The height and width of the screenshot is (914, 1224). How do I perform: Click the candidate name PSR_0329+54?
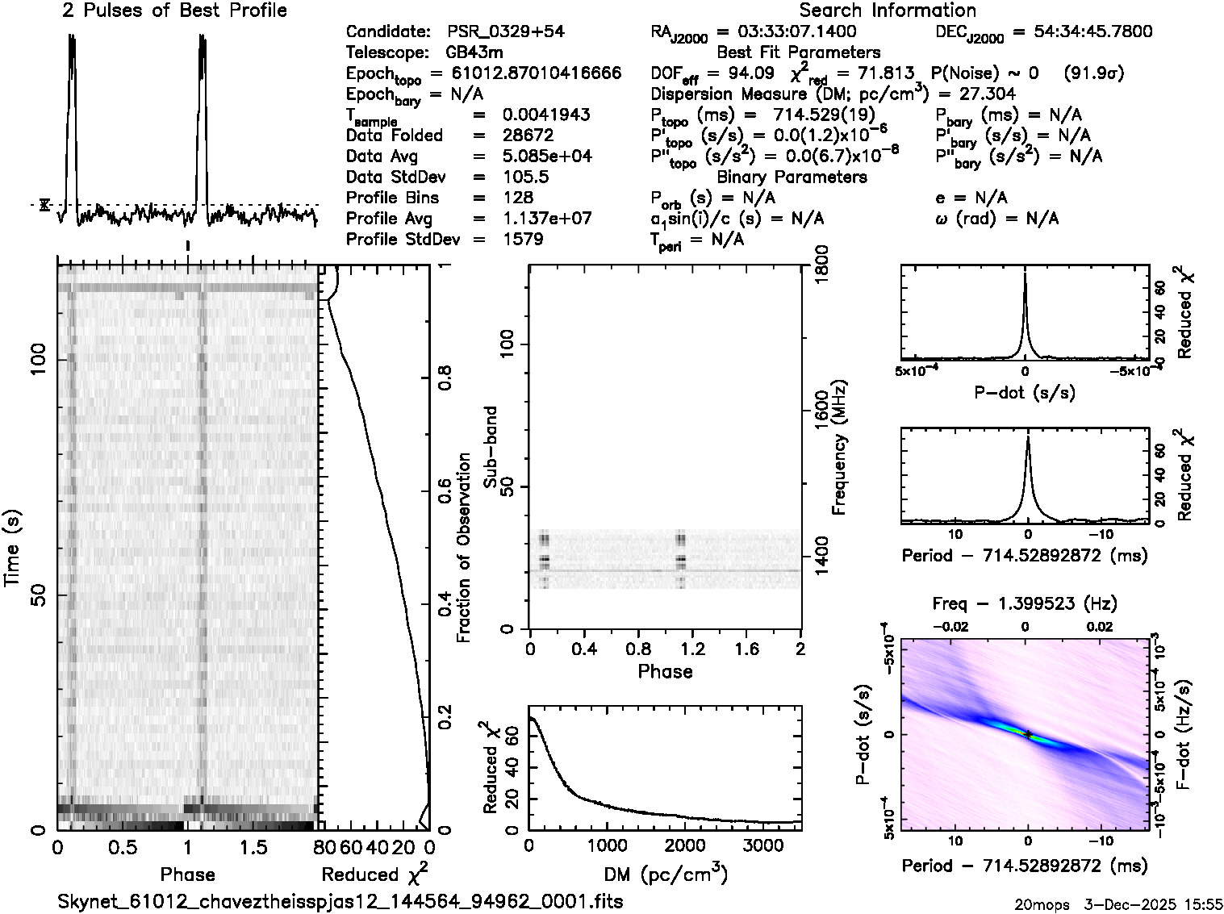pyautogui.click(x=505, y=32)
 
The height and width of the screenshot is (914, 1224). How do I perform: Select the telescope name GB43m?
pyautogui.click(x=474, y=53)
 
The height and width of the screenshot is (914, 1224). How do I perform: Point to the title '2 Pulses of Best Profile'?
pyautogui.click(x=174, y=10)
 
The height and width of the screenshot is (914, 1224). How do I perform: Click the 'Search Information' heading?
pyautogui.click(x=888, y=10)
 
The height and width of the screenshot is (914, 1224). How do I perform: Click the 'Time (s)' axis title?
pyautogui.click(x=14, y=548)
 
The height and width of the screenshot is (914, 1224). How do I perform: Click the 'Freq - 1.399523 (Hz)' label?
pyautogui.click(x=1025, y=603)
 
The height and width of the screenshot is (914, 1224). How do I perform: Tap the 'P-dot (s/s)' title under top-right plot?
pyautogui.click(x=1025, y=393)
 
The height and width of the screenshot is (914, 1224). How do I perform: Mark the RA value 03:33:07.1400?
pyautogui.click(x=787, y=32)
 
